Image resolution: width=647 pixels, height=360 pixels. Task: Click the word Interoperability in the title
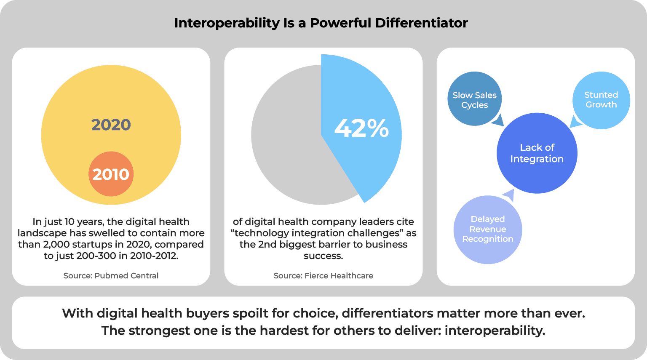227,23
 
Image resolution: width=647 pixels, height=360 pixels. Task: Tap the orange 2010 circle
111,174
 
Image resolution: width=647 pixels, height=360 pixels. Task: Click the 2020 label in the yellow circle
111,125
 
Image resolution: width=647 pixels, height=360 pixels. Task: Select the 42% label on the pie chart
361,128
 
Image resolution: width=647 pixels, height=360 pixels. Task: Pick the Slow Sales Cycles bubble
474,99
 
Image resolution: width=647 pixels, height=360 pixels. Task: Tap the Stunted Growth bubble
601,100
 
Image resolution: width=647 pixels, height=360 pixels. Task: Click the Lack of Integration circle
537,153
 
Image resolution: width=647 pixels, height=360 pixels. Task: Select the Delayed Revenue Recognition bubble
488,229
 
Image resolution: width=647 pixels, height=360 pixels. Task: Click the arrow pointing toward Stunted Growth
575,122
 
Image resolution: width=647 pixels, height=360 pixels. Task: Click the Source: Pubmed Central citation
111,276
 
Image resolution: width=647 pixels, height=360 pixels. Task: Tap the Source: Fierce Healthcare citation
323,276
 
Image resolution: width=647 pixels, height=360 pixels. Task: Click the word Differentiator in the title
421,23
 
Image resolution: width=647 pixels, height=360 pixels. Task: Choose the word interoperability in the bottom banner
494,331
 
